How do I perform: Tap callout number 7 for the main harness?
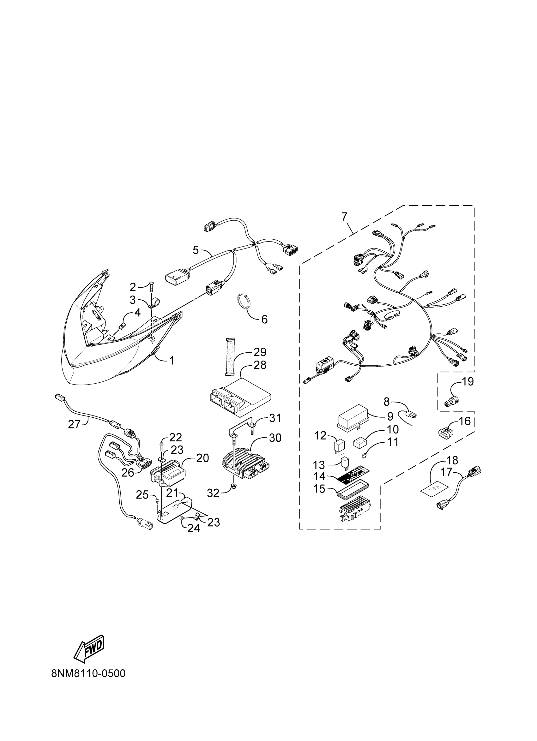tap(345, 217)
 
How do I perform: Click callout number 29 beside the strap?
tap(260, 352)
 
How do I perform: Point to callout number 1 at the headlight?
tap(172, 361)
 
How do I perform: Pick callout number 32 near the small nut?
tap(213, 493)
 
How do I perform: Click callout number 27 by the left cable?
tap(74, 424)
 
